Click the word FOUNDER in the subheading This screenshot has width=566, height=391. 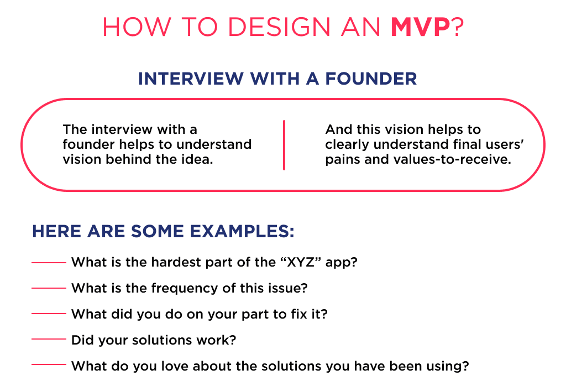[371, 79]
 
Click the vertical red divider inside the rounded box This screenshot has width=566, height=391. [284, 145]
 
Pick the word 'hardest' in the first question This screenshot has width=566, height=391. [161, 262]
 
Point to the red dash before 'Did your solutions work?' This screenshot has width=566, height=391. [49, 340]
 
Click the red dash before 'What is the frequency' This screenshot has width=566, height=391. [49, 288]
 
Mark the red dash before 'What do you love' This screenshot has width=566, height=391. [49, 364]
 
